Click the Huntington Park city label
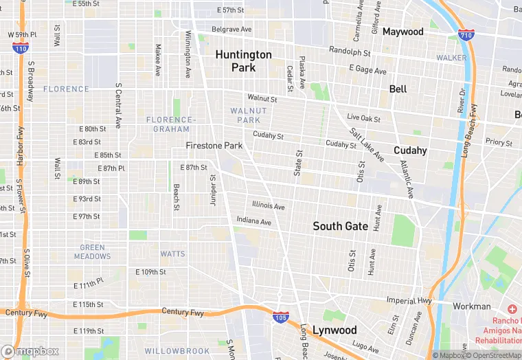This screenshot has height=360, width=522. [x=244, y=61]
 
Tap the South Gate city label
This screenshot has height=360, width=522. [x=340, y=226]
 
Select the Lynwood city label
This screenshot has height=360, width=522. [x=334, y=330]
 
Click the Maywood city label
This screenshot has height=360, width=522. [x=402, y=32]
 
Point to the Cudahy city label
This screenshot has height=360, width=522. [x=410, y=150]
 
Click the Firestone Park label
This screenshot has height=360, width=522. [x=214, y=146]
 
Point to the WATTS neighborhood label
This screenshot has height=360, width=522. [x=172, y=254]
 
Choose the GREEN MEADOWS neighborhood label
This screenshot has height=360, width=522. [x=93, y=252]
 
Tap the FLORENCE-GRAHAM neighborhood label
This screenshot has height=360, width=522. [x=172, y=124]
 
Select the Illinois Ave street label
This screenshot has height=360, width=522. [x=268, y=205]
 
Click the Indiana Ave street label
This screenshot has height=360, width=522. [x=253, y=222]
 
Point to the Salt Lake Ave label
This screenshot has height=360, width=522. [x=365, y=145]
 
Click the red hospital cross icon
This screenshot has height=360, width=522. [x=512, y=310]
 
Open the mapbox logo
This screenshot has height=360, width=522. [x=30, y=351]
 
